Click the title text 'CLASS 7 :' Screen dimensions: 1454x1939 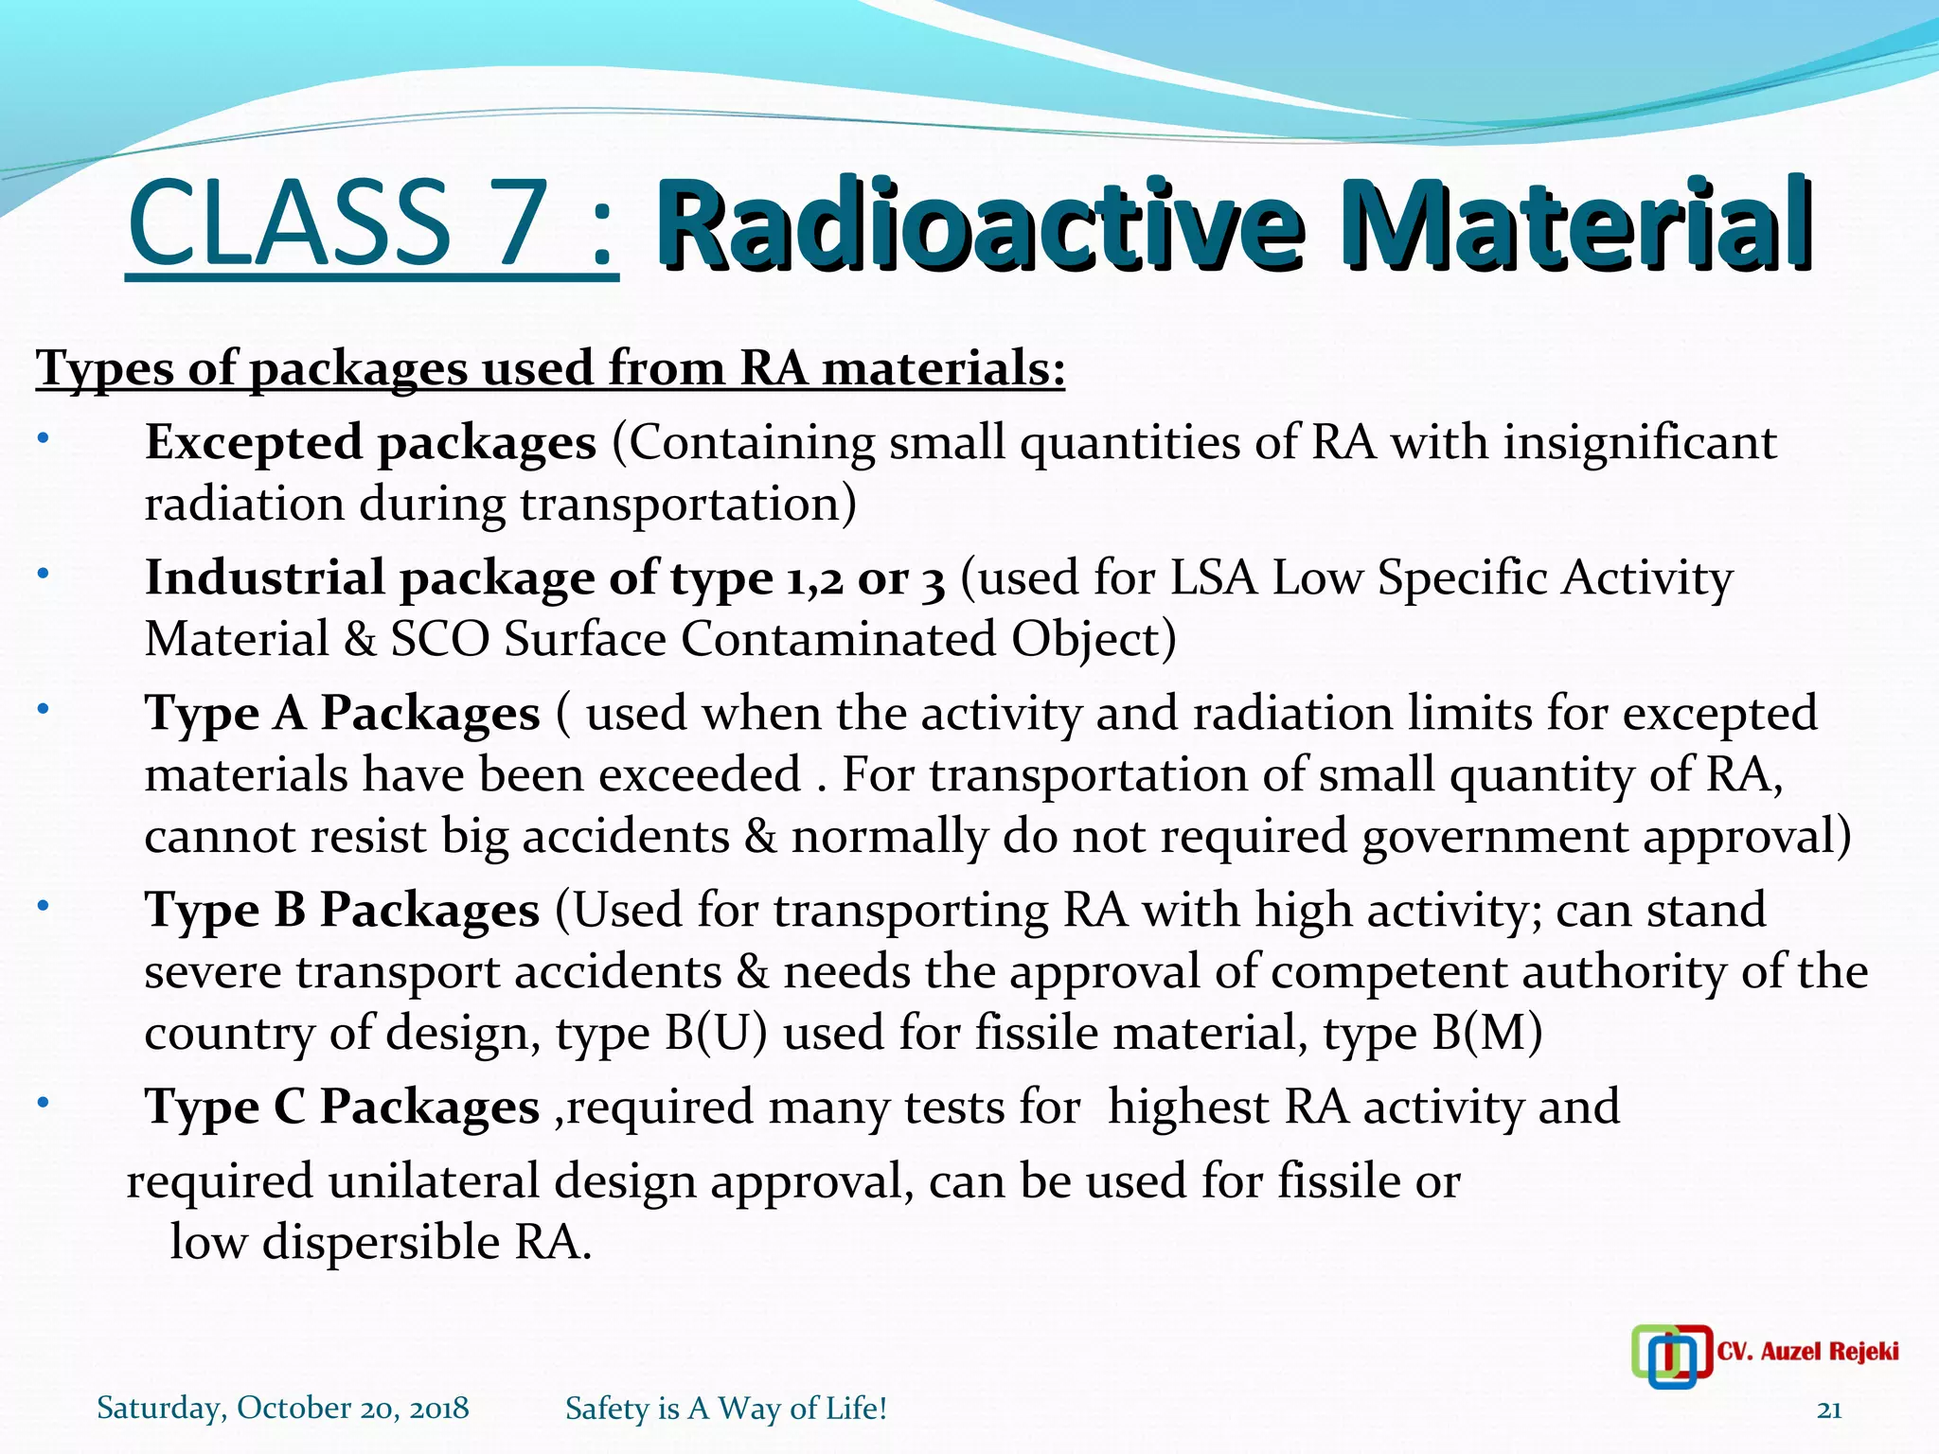click(372, 224)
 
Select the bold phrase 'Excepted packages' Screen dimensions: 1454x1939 click(370, 443)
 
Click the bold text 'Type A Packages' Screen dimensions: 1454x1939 click(342, 714)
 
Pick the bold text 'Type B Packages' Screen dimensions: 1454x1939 click(342, 911)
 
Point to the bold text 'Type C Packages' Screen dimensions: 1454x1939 click(342, 1108)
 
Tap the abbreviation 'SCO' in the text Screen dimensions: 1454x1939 click(439, 640)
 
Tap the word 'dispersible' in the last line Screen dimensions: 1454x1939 click(380, 1243)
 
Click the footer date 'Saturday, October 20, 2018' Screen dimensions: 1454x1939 click(283, 1409)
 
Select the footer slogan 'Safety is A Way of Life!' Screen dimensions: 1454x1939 click(726, 1409)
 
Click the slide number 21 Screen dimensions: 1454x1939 click(1829, 1410)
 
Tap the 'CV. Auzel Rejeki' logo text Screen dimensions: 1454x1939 click(1806, 1352)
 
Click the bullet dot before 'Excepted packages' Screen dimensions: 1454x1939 click(42, 439)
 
